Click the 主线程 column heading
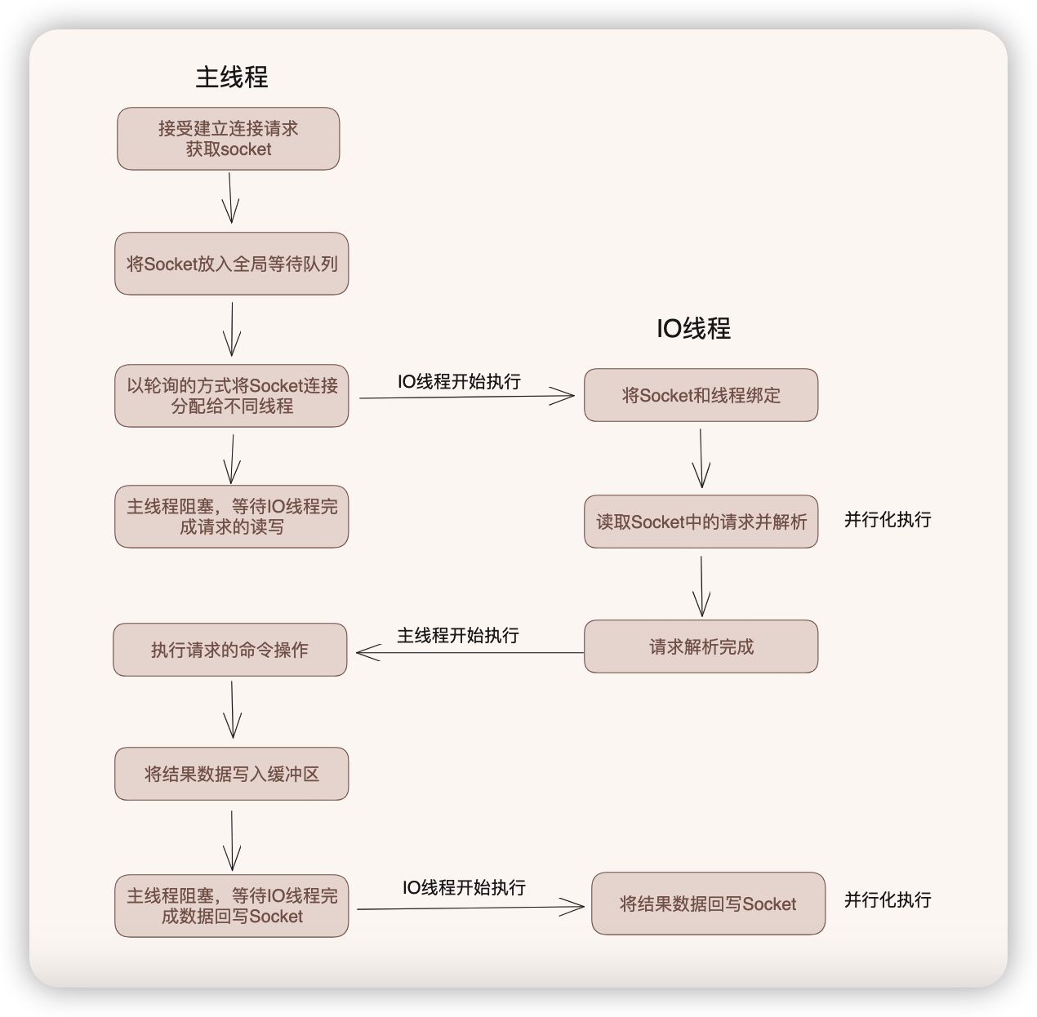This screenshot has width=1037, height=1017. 232,78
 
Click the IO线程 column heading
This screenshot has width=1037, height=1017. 693,329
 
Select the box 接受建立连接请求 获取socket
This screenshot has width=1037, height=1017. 229,139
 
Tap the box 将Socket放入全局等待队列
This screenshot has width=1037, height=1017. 232,264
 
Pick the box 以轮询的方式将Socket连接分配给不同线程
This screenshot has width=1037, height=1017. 232,396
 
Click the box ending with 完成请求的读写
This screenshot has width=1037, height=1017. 232,517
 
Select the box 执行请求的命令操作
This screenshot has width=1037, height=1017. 230,650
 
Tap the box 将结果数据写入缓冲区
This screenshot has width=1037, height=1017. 232,774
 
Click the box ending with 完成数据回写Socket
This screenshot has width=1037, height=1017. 232,906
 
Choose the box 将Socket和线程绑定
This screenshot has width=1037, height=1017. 701,395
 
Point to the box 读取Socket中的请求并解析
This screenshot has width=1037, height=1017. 701,522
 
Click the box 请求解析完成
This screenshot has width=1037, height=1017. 701,646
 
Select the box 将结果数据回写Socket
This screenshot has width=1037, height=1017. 708,904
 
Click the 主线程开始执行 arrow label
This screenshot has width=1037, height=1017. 458,635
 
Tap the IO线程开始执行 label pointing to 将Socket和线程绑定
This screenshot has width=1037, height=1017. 459,381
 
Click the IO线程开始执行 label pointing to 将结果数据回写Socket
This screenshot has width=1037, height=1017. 464,887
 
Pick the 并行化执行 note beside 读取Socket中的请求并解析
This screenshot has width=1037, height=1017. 888,520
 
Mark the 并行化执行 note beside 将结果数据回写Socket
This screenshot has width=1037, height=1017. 888,899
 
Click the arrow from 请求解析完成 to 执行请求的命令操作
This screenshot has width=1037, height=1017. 470,652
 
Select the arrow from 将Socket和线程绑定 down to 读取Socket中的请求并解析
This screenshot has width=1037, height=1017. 701,458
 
